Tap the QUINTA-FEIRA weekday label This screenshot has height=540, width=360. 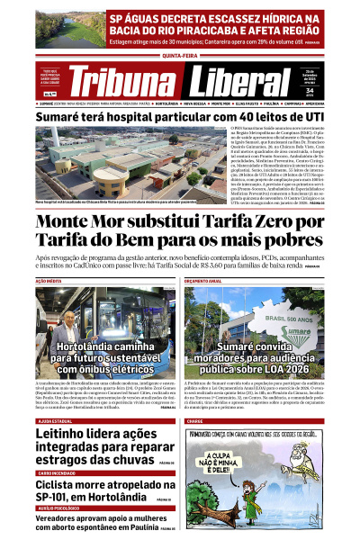click(x=180, y=53)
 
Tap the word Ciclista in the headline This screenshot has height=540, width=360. click(x=61, y=484)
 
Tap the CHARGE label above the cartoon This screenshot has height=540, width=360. click(x=195, y=420)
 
